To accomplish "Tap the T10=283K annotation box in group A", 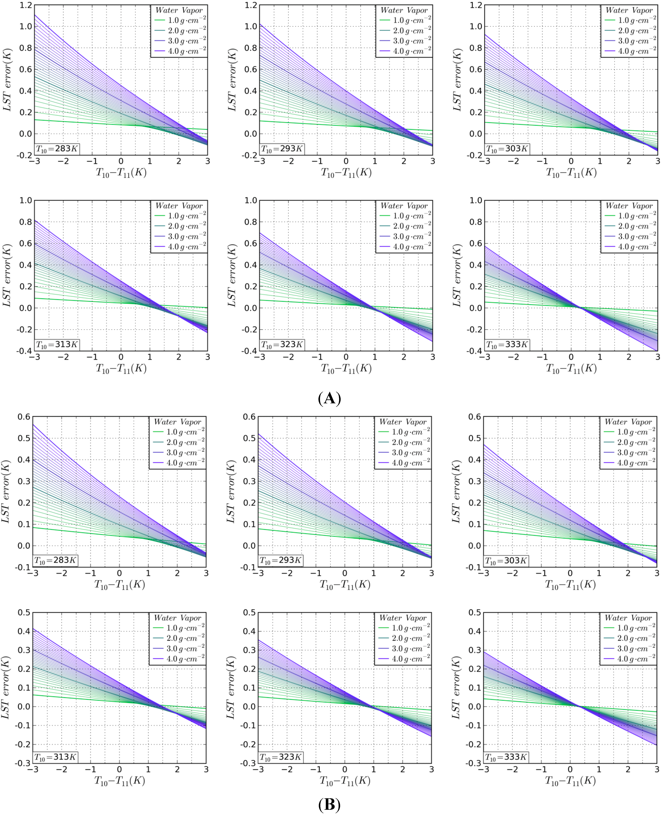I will tap(57, 149).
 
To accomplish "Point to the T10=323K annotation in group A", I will tap(282, 344).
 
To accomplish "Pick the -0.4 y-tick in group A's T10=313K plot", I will tap(24, 351).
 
